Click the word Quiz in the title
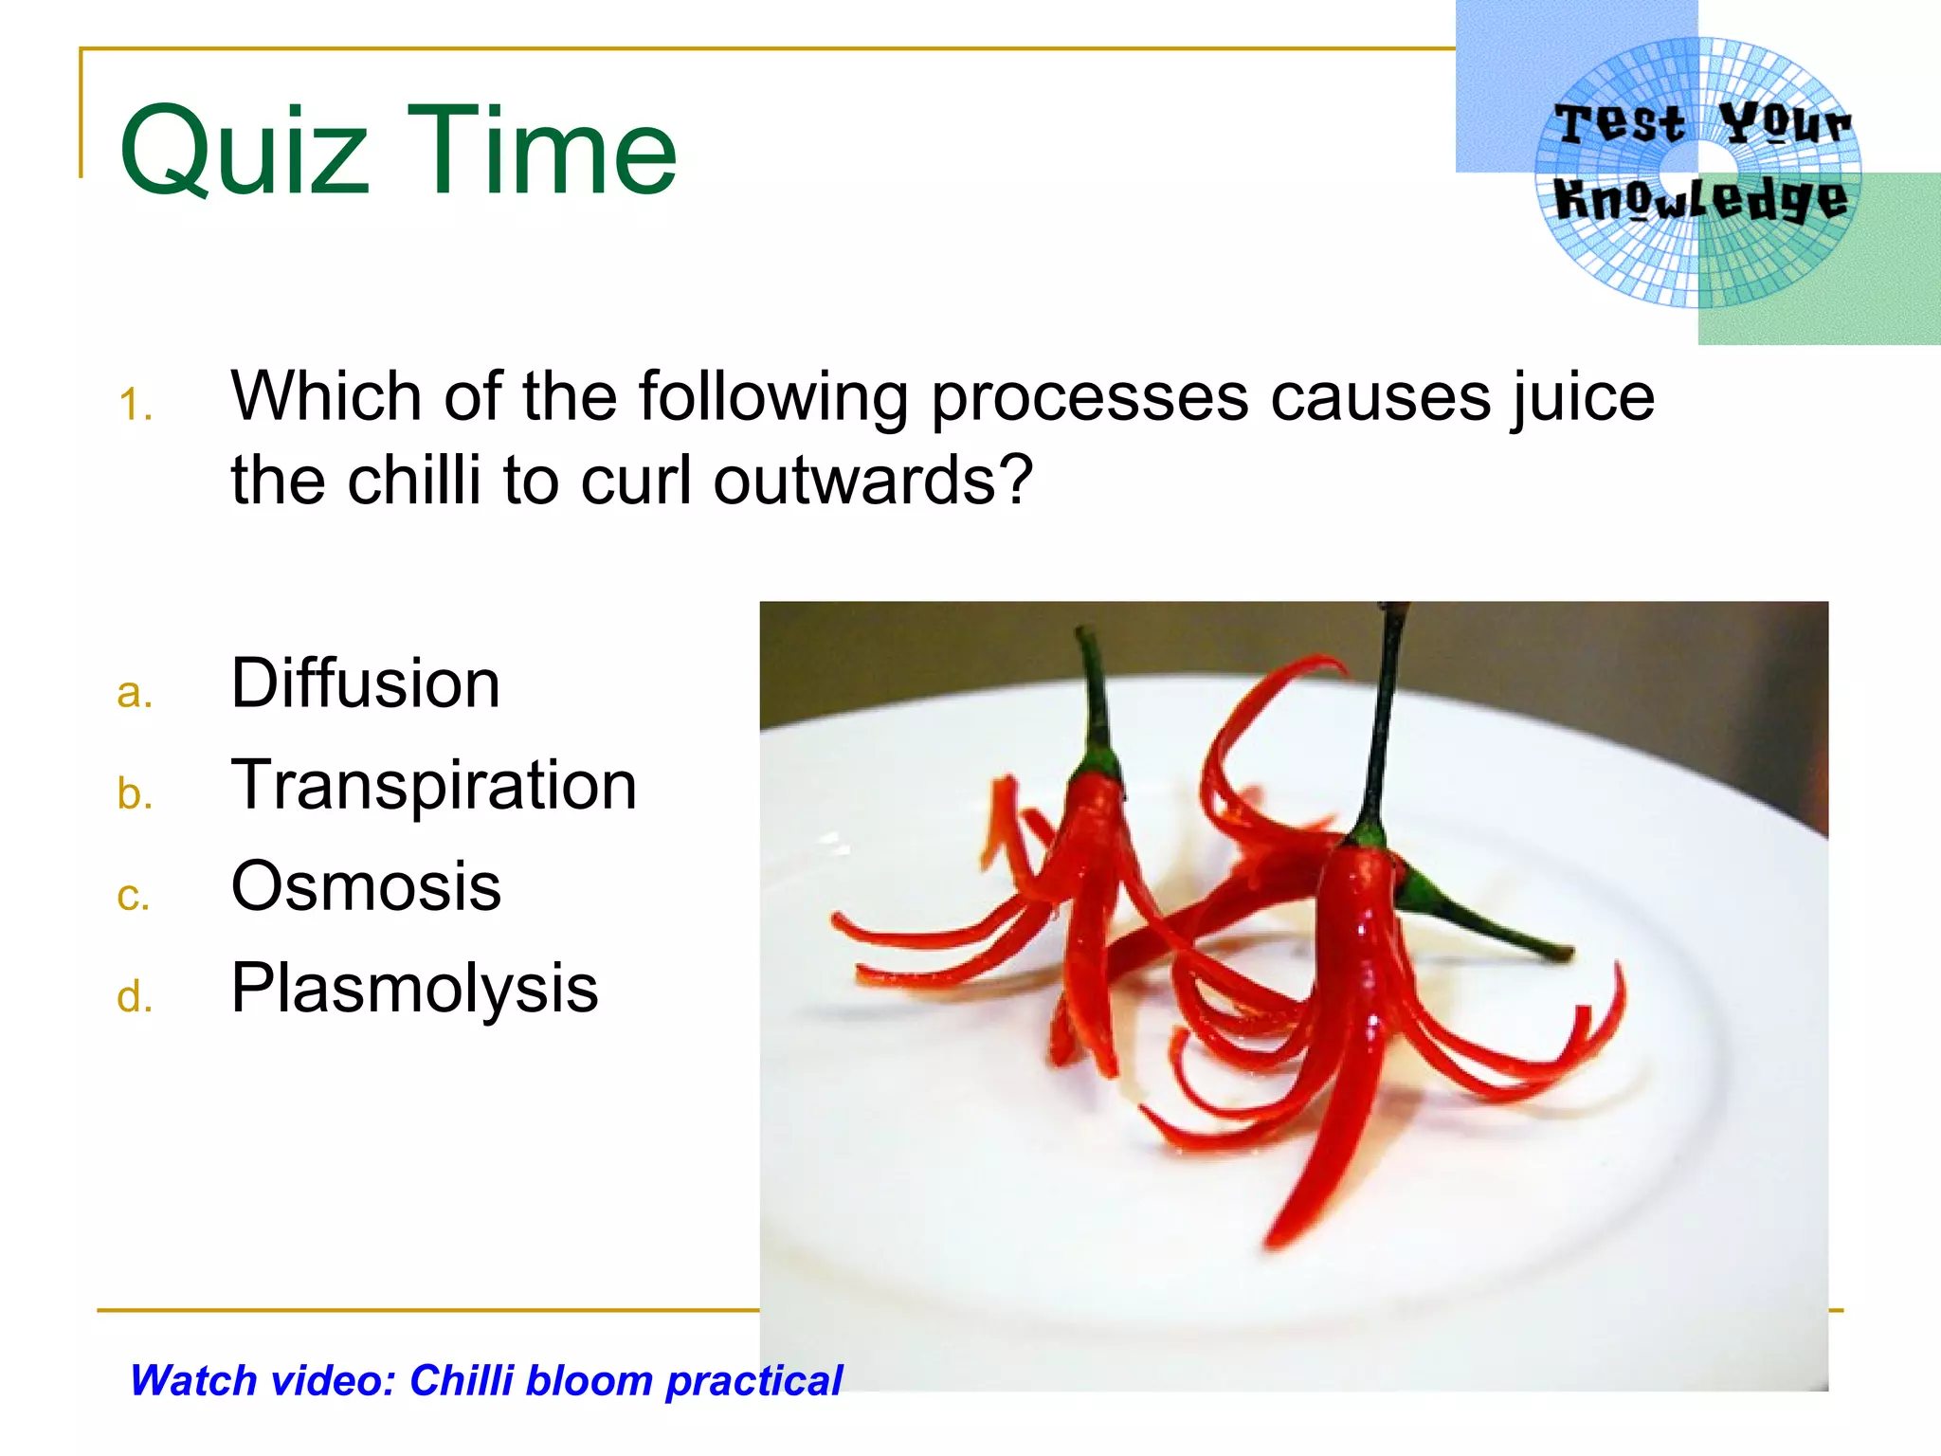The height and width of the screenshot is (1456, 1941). coord(244,152)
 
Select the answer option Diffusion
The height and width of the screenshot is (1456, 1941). coord(365,683)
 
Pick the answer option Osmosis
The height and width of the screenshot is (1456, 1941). coord(366,886)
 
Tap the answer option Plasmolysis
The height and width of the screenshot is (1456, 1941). coord(414,989)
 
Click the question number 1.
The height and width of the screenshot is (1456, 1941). coord(136,406)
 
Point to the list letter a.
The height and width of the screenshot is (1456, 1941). coord(135,693)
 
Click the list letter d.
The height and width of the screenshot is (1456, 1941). coord(135,997)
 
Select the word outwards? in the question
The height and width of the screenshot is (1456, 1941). coord(872,481)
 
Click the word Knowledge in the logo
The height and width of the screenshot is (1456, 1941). coord(1700,200)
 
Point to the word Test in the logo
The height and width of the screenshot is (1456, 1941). coord(1620,124)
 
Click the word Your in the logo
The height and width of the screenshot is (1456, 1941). coord(1784,124)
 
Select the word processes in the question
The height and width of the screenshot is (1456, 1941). coord(1090,398)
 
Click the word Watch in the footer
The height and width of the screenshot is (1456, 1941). coord(193,1381)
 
